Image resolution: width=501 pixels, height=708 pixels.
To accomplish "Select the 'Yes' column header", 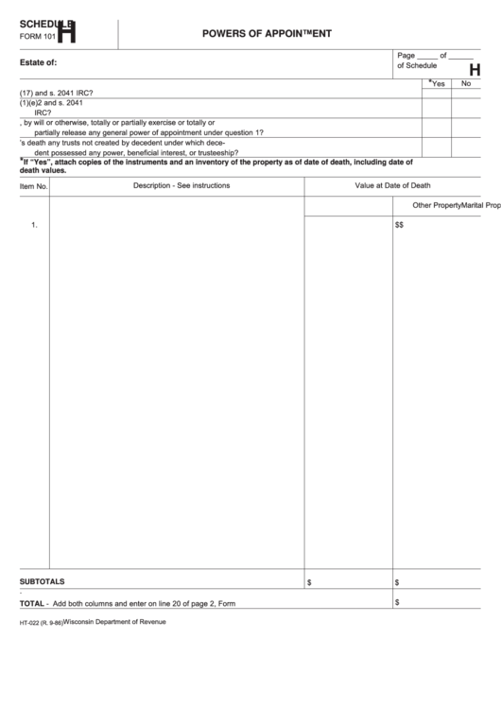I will click(438, 84).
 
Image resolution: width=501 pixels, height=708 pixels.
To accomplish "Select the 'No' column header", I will click(465, 84).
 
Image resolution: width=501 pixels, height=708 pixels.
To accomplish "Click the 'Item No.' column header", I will click(34, 186).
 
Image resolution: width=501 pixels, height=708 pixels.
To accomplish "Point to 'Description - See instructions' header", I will click(181, 185).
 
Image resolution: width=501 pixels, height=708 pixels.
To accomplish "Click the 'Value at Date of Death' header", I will click(392, 185).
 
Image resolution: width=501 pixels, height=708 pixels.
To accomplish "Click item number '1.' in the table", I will click(34, 226).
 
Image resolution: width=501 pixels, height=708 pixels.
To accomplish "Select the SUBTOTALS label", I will click(43, 581).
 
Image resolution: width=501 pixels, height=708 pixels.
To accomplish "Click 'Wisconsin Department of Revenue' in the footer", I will click(114, 622).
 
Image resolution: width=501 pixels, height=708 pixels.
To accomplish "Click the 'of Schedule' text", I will click(417, 65).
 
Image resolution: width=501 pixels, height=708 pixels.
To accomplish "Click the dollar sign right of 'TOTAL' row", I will click(397, 602).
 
